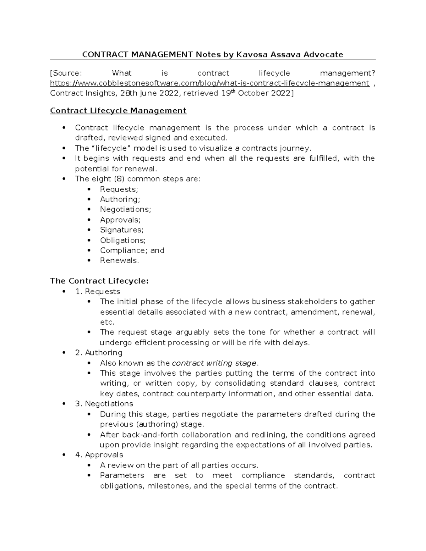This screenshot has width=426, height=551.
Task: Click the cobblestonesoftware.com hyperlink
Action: [209, 83]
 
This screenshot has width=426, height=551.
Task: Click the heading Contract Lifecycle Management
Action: [118, 111]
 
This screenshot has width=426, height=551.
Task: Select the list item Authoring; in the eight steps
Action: [120, 199]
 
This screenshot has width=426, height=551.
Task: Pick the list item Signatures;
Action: [122, 230]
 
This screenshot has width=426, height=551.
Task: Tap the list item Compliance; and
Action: [132, 250]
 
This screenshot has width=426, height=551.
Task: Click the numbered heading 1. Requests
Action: [98, 292]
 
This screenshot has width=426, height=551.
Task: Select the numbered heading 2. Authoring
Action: [99, 353]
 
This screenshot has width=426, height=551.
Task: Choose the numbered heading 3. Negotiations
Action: [104, 404]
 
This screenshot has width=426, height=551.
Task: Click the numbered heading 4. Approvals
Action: [99, 455]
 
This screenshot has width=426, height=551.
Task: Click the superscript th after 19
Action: [234, 91]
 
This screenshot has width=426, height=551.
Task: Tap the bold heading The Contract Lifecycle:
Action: [99, 281]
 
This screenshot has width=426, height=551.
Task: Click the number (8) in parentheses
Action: [118, 179]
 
